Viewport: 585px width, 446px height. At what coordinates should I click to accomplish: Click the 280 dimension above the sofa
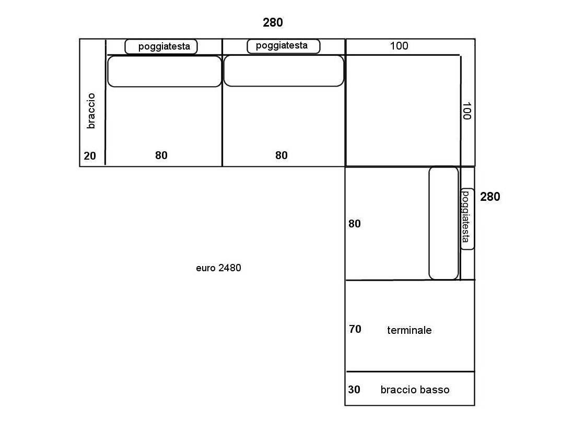tap(273, 23)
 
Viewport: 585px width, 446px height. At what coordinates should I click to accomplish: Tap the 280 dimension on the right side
tap(490, 197)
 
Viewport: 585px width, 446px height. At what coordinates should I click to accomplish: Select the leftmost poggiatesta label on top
tap(164, 46)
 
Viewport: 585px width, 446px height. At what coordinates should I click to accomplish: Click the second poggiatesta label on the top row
tap(282, 46)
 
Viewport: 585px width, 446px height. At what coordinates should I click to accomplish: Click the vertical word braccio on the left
tap(91, 111)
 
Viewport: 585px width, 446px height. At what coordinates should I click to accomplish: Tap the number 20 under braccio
tap(90, 156)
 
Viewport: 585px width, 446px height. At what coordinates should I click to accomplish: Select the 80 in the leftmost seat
tap(161, 155)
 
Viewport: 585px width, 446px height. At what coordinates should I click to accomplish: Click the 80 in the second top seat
tap(282, 155)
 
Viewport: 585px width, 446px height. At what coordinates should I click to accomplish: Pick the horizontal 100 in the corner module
tap(399, 46)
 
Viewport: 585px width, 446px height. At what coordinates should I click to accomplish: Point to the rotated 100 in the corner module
tap(466, 111)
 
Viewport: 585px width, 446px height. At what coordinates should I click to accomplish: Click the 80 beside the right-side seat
tap(355, 224)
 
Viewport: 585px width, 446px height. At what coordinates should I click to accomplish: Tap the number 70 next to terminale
tap(355, 329)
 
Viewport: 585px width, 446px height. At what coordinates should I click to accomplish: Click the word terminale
tap(409, 330)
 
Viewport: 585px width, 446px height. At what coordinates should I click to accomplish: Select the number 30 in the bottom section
tap(354, 389)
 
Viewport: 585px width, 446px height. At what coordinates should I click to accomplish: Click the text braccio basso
tap(415, 390)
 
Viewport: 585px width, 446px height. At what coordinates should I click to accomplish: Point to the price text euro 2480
tap(218, 268)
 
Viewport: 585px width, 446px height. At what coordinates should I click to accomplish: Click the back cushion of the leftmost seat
tap(165, 71)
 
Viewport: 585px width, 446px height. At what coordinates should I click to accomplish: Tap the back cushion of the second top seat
tap(284, 71)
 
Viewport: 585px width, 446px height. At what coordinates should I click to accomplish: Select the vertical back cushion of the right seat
tap(443, 223)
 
